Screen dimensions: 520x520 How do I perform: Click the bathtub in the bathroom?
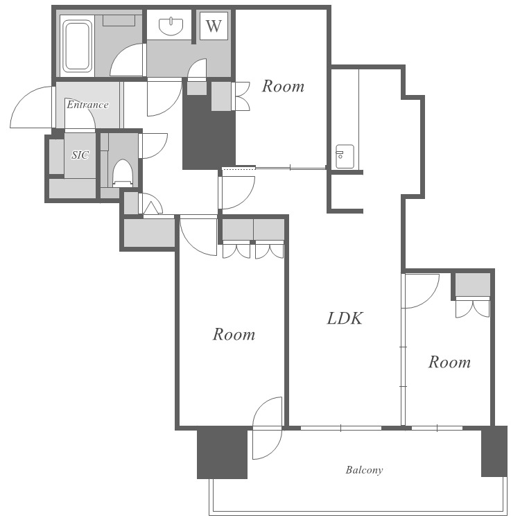click(x=77, y=46)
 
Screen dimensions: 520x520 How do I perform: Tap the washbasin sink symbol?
click(x=171, y=26)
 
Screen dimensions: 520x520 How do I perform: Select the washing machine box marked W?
click(x=214, y=26)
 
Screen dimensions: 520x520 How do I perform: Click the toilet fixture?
click(x=123, y=173)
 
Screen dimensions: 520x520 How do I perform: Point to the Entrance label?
click(x=87, y=105)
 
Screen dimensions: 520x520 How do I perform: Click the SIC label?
click(x=80, y=155)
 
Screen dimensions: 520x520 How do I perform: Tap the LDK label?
click(x=345, y=318)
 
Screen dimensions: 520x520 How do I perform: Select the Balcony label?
click(x=364, y=470)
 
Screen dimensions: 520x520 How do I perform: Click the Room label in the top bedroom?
click(x=283, y=86)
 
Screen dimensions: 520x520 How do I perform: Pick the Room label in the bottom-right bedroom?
click(x=449, y=362)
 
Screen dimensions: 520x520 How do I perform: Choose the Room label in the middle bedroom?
click(x=234, y=334)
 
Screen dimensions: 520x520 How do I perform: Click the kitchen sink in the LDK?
click(x=345, y=156)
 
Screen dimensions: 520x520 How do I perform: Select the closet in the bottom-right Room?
click(x=473, y=284)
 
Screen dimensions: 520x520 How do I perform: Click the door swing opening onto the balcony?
click(x=268, y=428)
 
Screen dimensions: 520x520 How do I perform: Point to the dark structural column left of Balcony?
click(x=222, y=453)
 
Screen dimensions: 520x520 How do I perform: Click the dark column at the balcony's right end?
click(x=494, y=451)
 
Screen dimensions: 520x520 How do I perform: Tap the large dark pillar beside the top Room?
click(x=209, y=132)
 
